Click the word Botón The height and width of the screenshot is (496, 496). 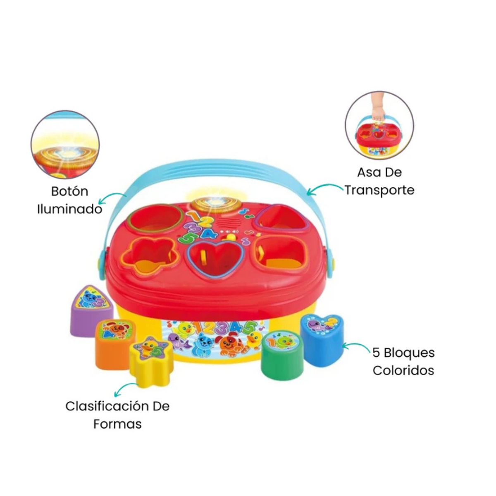coord(70,191)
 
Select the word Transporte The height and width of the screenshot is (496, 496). coord(379,190)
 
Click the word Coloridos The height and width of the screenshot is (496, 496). coord(403,370)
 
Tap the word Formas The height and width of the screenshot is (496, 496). coord(117,424)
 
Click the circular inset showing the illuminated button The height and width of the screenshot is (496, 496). coord(65,145)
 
